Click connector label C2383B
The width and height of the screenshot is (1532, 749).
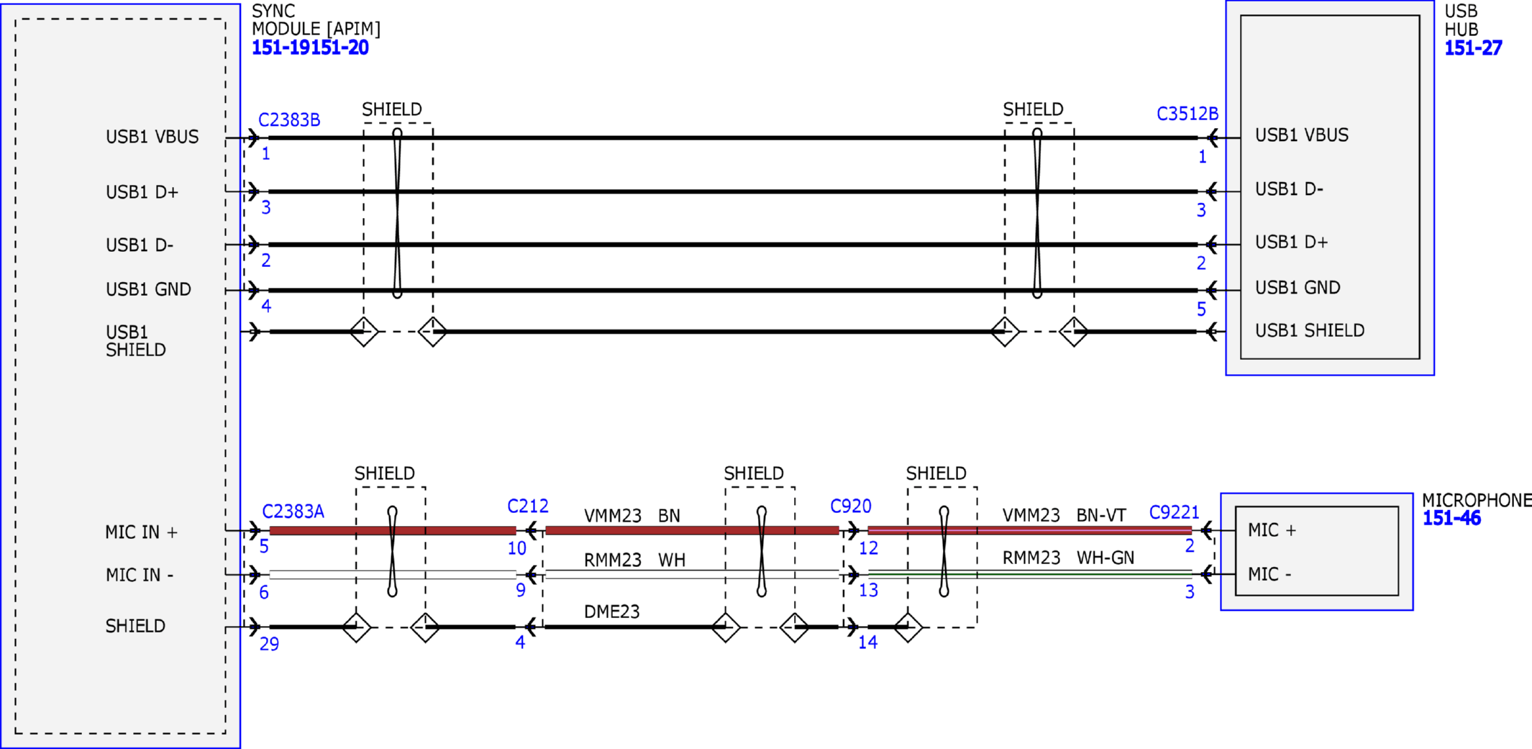tap(289, 120)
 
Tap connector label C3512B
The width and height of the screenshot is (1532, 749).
tap(1187, 114)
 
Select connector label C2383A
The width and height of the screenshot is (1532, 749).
tap(293, 512)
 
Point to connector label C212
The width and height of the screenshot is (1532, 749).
tap(527, 507)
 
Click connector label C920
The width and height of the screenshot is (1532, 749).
tap(850, 507)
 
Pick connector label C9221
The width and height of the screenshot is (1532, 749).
tap(1174, 512)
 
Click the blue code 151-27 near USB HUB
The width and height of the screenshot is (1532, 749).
tap(1473, 48)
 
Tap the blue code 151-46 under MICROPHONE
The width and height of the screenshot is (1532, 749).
tap(1451, 518)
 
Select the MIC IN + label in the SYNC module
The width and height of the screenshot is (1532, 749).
tap(141, 532)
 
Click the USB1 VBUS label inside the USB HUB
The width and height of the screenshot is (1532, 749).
tap(1301, 135)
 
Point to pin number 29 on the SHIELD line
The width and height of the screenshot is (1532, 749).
tap(269, 644)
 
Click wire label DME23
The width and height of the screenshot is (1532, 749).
tap(611, 612)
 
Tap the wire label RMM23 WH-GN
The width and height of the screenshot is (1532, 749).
tap(1067, 558)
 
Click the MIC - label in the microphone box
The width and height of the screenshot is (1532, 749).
tap(1269, 574)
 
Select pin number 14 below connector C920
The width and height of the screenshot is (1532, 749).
tap(867, 643)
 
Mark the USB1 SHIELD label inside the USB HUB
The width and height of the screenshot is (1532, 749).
tap(1309, 330)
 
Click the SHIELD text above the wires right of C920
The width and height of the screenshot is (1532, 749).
tap(936, 473)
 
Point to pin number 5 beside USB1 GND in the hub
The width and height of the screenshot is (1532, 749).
tap(1201, 309)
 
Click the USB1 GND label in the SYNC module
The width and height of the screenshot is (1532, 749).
tap(148, 289)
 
